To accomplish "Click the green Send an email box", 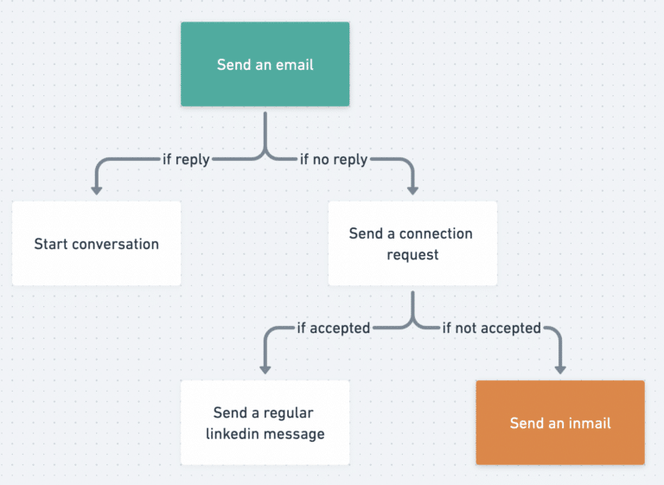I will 265,64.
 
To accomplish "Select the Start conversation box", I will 96,244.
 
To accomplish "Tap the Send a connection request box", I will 412,244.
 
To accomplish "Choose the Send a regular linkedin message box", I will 265,423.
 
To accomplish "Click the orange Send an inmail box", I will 560,423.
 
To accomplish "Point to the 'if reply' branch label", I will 186,159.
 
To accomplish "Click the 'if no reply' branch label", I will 334,159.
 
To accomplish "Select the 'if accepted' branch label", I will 333,328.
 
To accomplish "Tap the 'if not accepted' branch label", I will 491,328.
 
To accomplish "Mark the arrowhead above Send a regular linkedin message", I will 265,367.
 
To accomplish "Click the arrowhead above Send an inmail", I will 560,367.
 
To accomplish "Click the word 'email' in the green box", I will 293,65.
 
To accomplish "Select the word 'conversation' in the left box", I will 116,244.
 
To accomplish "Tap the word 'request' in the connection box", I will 412,255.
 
